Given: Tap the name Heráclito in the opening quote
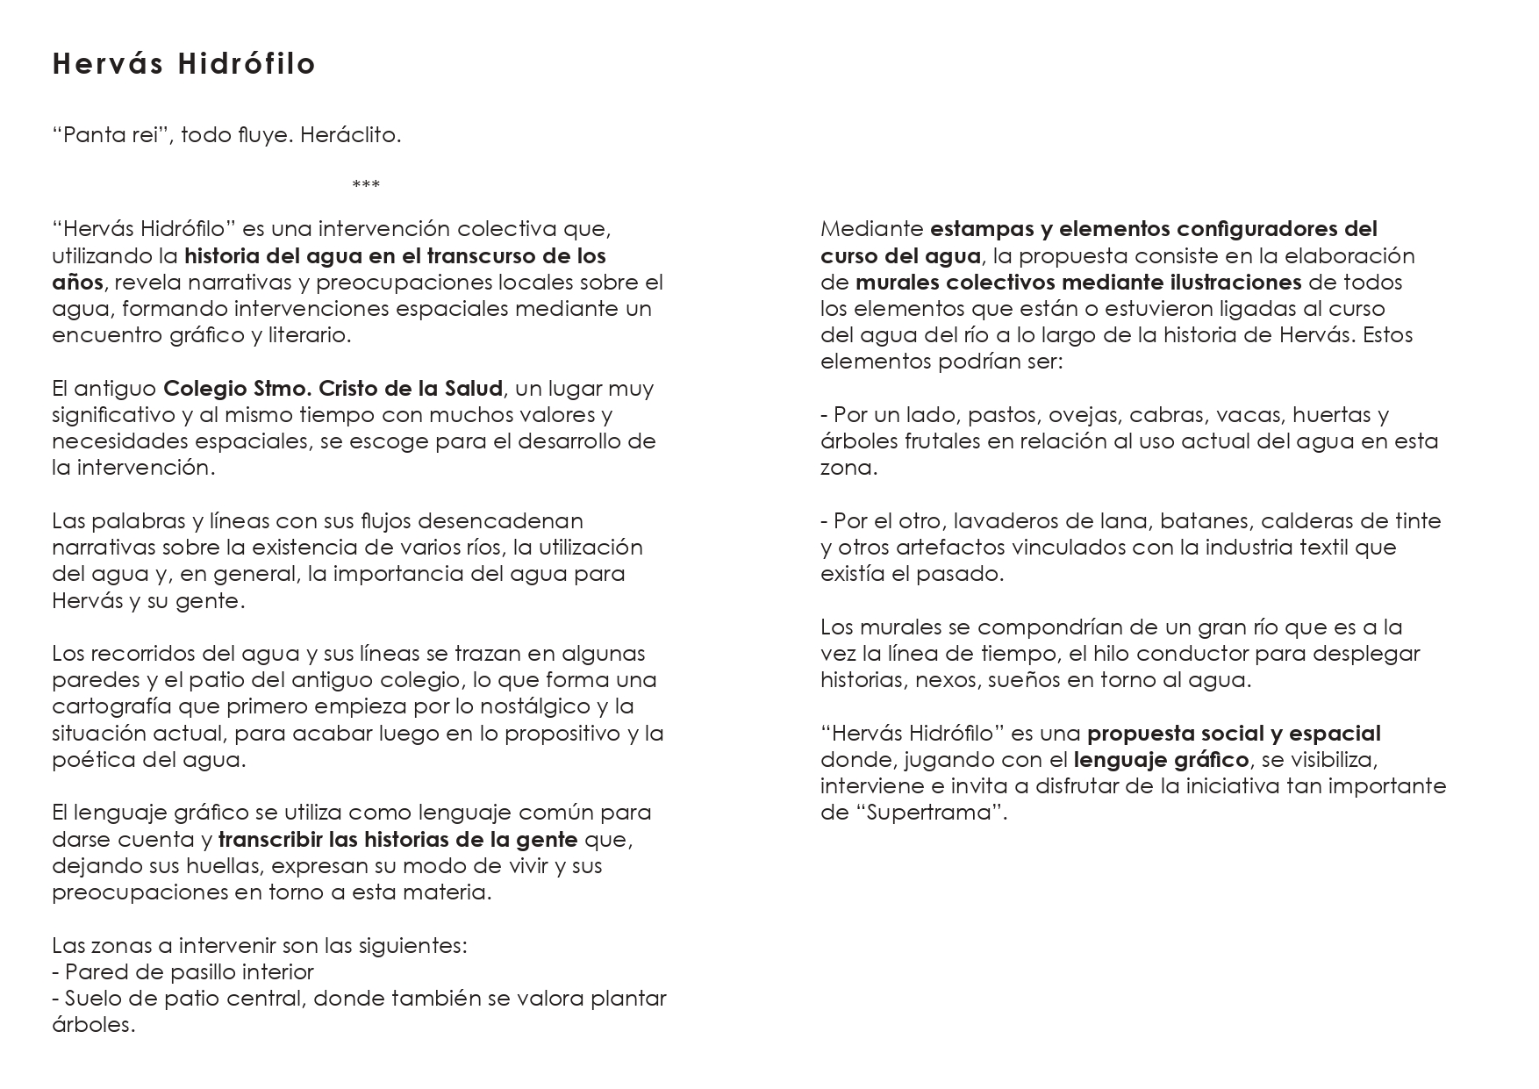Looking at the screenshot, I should coord(350,136).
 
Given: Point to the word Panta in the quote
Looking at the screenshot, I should coord(91,136).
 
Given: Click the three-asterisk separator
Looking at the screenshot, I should coord(366,185).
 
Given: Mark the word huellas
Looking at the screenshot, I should coord(224,866).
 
